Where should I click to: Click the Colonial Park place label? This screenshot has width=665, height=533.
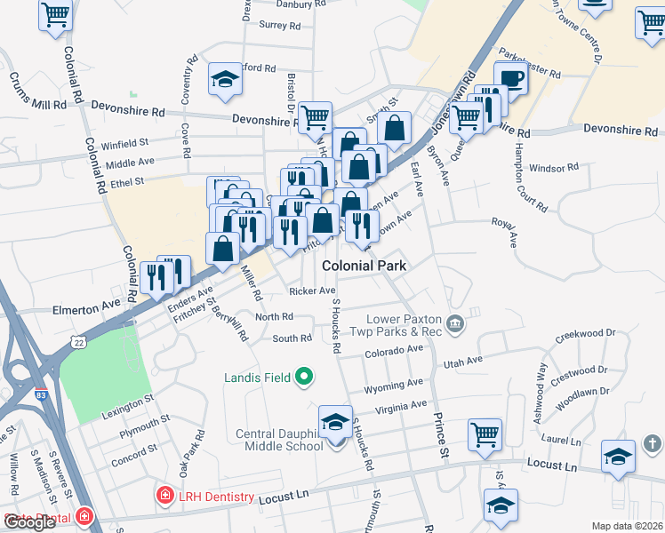coord(364,266)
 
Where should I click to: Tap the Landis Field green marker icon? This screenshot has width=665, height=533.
coord(305,378)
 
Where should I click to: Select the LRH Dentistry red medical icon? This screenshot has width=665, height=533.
coord(164,496)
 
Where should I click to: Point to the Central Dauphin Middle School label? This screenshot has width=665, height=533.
coord(279,440)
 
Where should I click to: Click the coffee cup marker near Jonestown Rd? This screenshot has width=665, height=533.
coord(509,79)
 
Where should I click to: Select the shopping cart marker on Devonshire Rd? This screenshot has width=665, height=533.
coord(314,117)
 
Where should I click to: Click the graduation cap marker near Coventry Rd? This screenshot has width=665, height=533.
coord(225,79)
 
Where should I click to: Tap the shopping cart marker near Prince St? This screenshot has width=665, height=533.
coord(485,434)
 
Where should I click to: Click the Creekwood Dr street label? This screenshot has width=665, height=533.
coord(585,336)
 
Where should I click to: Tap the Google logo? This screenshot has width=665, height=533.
coord(30,522)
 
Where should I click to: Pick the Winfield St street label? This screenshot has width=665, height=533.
coord(124,142)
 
